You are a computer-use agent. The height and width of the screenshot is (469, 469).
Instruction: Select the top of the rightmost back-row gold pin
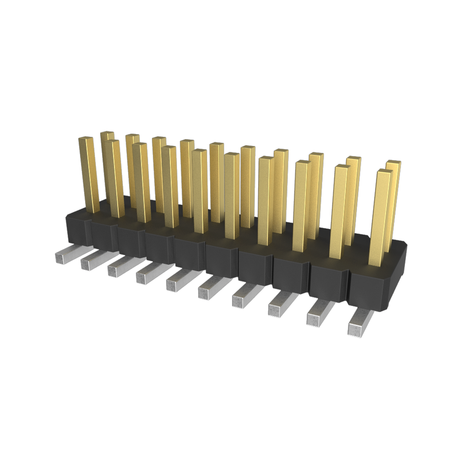tap(393, 164)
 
